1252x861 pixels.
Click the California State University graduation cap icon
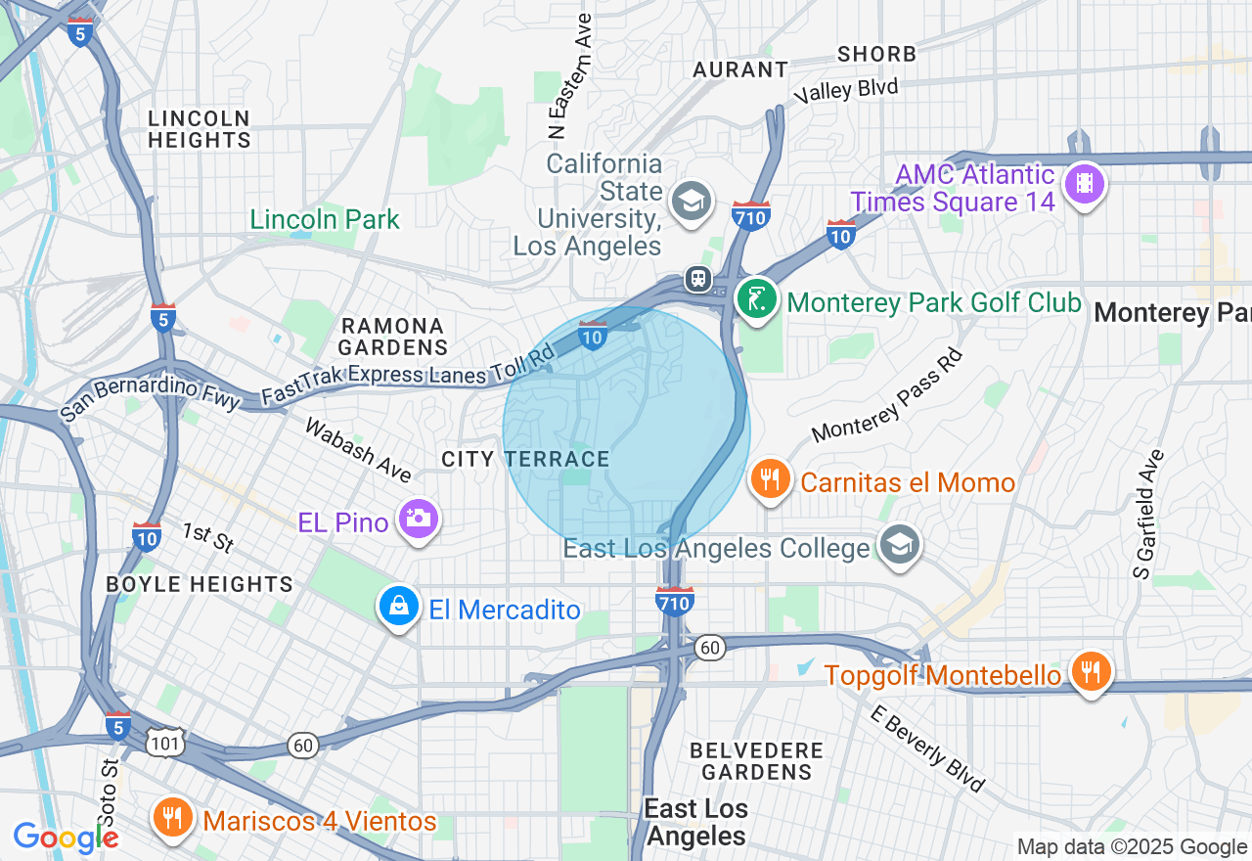(692, 203)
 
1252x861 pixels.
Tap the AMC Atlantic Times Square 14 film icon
(1084, 183)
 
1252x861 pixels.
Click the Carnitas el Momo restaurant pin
(772, 479)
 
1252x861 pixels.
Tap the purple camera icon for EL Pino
(419, 518)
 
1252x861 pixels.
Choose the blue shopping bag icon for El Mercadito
(399, 607)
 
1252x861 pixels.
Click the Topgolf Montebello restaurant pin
(1091, 672)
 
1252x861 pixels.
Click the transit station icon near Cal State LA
(698, 279)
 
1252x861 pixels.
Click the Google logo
(66, 838)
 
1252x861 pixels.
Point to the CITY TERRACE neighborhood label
(525, 459)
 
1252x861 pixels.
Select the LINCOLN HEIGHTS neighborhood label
(200, 129)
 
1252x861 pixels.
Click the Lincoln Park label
(325, 219)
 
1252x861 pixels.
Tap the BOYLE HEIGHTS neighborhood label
(200, 584)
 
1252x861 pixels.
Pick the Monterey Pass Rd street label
(888, 396)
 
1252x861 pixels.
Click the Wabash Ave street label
(358, 450)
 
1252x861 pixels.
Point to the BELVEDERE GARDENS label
(756, 761)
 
